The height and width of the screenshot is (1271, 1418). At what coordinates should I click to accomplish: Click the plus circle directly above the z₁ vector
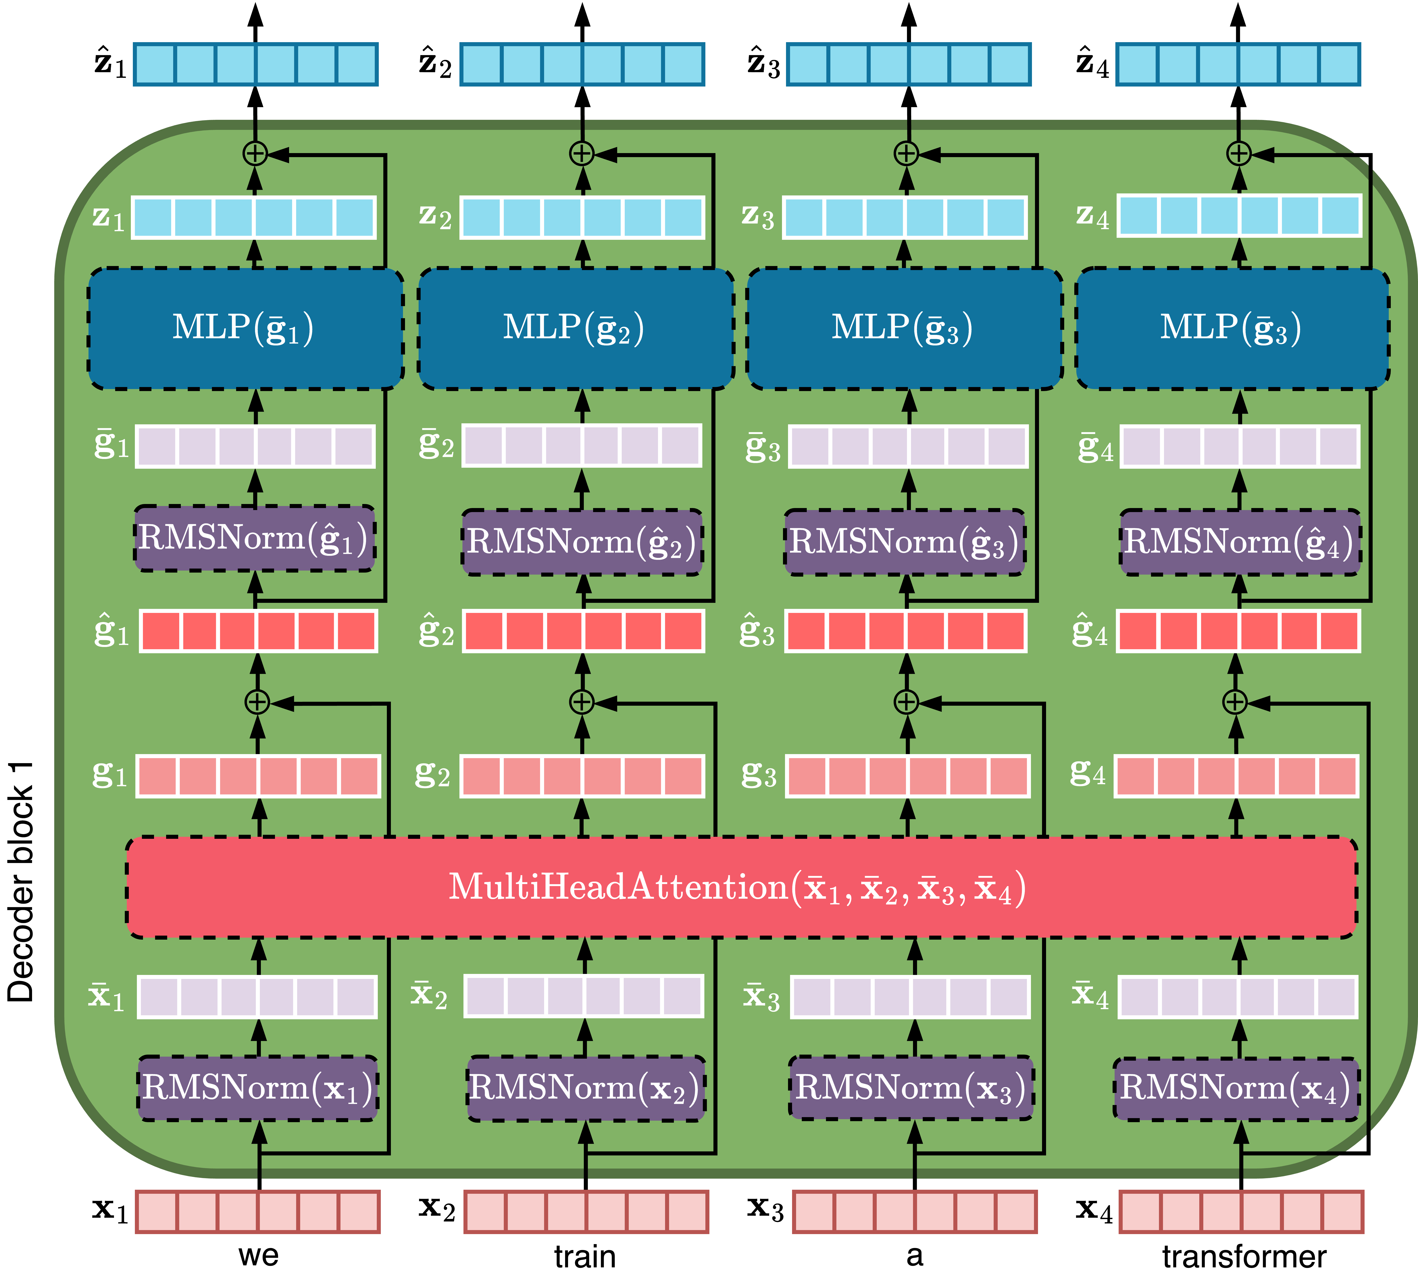click(255, 153)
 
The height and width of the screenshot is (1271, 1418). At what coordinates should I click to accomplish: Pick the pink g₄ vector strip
click(1236, 776)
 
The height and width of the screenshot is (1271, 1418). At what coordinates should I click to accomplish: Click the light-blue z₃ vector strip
click(905, 217)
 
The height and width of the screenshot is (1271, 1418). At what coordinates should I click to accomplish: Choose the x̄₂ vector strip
click(584, 996)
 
